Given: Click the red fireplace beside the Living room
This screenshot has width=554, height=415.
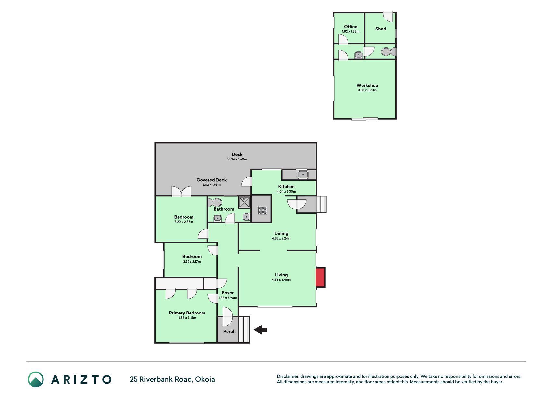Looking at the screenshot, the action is click(x=321, y=277).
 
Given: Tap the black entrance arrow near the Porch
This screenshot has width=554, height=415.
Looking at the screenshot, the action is click(x=260, y=330).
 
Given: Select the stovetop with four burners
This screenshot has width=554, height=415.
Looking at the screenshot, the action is click(x=263, y=210).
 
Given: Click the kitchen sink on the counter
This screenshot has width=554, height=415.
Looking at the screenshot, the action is click(x=303, y=175).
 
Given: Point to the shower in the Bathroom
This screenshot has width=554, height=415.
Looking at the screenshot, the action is click(x=244, y=202).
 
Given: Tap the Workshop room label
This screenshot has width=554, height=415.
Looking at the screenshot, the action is click(x=367, y=85).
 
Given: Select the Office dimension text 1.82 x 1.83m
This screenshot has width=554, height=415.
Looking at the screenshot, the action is click(x=351, y=32).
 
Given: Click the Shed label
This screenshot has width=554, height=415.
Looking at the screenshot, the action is click(x=381, y=29).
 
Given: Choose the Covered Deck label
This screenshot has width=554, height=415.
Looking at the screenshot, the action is click(x=212, y=180).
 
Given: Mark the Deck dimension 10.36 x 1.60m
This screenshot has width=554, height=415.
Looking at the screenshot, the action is click(x=237, y=159).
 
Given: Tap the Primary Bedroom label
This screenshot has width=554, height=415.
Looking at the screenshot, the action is click(x=187, y=313).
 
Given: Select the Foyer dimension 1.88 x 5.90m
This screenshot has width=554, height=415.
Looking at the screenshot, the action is click(x=228, y=298).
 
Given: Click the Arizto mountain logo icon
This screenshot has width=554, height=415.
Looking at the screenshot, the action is click(x=36, y=379).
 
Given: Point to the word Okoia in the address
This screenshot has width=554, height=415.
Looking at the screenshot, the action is click(x=205, y=379).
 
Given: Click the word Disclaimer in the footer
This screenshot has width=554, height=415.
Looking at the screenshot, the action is click(x=288, y=376).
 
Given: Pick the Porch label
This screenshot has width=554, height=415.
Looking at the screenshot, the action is click(x=229, y=331).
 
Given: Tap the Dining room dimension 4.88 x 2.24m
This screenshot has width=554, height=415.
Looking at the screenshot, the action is click(x=281, y=238).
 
